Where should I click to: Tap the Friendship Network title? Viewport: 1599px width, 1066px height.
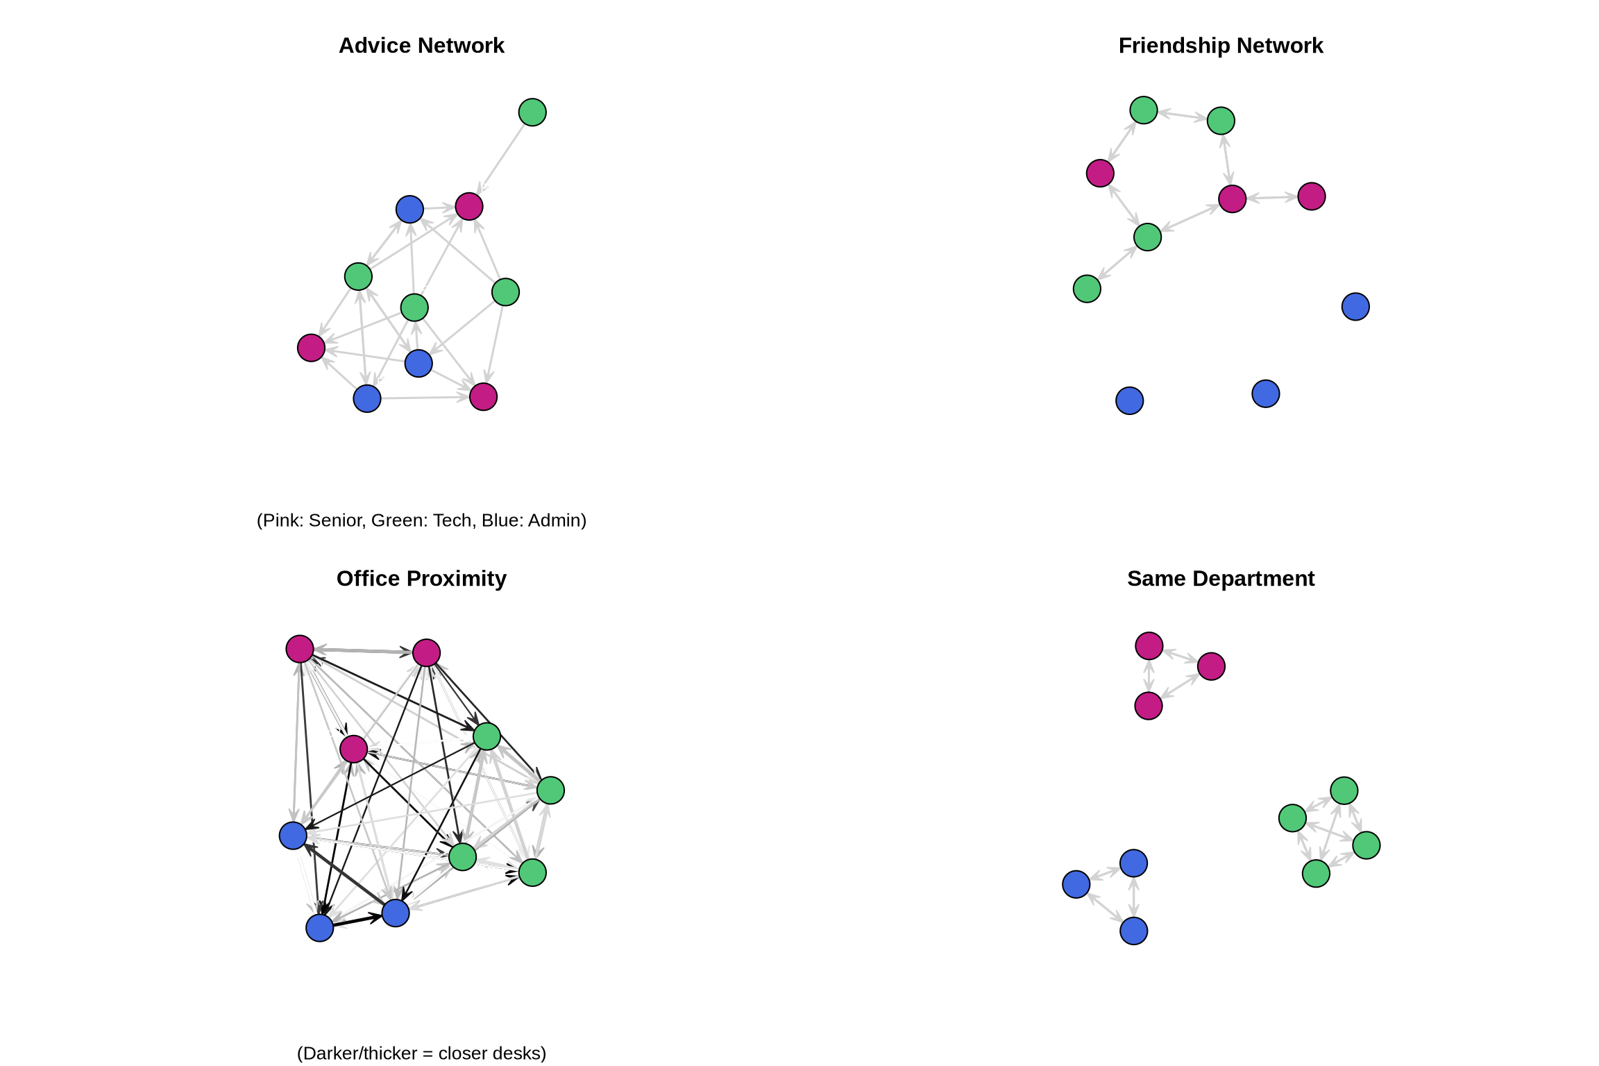pyautogui.click(x=1220, y=46)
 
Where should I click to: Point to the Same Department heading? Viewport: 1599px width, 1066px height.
pyautogui.click(x=1220, y=579)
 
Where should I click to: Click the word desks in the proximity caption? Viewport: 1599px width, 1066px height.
pyautogui.click(x=520, y=1054)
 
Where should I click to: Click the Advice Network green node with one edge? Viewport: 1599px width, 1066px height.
pyautogui.click(x=532, y=112)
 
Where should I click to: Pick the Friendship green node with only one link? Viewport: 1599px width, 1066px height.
pyautogui.click(x=1087, y=289)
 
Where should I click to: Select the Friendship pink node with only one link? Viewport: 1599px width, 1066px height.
pyautogui.click(x=1311, y=196)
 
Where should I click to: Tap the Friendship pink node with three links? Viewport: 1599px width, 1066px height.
pyautogui.click(x=1232, y=199)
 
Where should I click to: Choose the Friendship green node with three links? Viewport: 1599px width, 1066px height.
pyautogui.click(x=1147, y=237)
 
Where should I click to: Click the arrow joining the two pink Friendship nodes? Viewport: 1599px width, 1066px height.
pyautogui.click(x=1271, y=198)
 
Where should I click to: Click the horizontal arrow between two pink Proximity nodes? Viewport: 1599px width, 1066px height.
pyautogui.click(x=362, y=651)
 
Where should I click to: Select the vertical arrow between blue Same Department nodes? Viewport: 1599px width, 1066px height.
pyautogui.click(x=1133, y=897)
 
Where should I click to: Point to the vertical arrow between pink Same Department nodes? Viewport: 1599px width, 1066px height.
pyautogui.click(x=1149, y=676)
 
